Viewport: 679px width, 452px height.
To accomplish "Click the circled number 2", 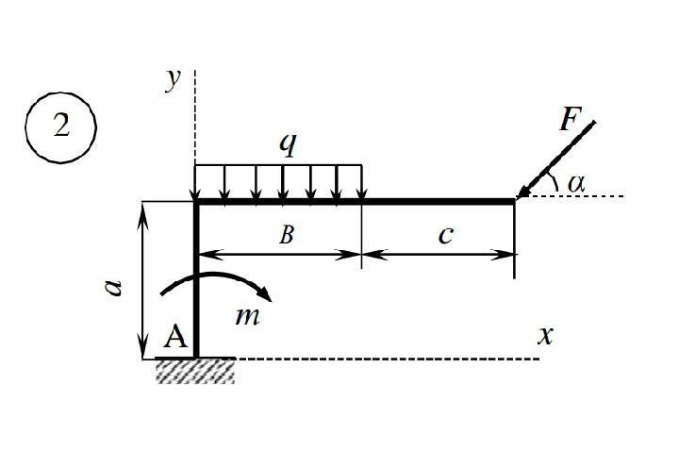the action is (61, 127).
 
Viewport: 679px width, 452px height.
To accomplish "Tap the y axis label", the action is (173, 80).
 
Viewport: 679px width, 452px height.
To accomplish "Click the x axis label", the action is (546, 336).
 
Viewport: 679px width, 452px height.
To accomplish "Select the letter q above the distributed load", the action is (288, 144).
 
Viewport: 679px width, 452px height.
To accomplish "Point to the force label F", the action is (570, 119).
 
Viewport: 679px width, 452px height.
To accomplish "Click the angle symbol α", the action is (576, 184).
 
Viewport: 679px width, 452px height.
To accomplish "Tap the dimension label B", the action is (287, 234).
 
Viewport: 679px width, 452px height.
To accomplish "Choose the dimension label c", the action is (445, 236).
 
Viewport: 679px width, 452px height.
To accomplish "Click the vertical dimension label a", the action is (114, 288).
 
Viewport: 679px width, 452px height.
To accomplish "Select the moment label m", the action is (248, 316).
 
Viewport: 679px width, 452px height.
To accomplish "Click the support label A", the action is (175, 337).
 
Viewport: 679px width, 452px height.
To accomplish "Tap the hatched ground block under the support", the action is (195, 372).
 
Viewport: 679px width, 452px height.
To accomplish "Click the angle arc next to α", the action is (554, 181).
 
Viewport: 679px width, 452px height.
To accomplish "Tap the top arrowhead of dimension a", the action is (142, 213).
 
